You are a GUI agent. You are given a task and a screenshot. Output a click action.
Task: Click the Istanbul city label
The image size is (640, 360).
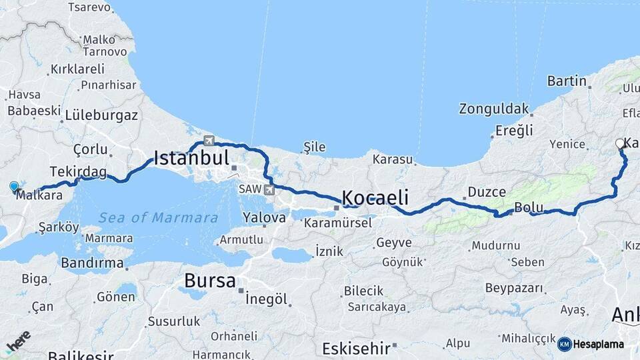point(191,158)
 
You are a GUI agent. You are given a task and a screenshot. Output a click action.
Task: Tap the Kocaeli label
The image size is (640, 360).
point(375,198)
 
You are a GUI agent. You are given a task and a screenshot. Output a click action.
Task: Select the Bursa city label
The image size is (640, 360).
point(210,281)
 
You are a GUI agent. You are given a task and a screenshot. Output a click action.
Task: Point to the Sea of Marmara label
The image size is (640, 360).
point(158,218)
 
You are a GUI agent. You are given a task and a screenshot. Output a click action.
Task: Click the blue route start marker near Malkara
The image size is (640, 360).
point(14,186)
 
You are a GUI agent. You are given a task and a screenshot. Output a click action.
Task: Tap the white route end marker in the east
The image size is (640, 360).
point(619,143)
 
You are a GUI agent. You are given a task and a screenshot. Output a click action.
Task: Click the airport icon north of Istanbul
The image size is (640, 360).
point(209,141)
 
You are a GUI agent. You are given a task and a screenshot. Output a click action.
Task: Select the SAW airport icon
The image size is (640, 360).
point(269,189)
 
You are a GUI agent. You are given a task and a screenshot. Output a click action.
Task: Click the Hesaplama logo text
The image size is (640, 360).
point(598,344)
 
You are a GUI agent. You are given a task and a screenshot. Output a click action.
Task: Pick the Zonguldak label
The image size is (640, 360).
point(494,109)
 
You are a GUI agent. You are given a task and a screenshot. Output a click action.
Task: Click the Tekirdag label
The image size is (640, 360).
point(78,173)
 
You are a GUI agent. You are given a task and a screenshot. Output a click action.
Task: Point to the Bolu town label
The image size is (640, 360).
point(529,208)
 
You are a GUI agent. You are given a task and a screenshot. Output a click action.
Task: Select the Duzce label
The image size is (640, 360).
point(487,192)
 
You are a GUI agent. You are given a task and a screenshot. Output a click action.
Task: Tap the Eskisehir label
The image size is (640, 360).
point(355,348)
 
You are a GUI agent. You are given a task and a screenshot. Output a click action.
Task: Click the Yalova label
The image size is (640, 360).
point(264,217)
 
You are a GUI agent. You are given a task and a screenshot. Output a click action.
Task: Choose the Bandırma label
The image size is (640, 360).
point(92,263)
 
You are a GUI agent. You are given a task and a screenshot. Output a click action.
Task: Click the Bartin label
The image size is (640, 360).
point(567,81)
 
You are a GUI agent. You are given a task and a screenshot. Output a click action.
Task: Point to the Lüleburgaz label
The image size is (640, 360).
point(102,115)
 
